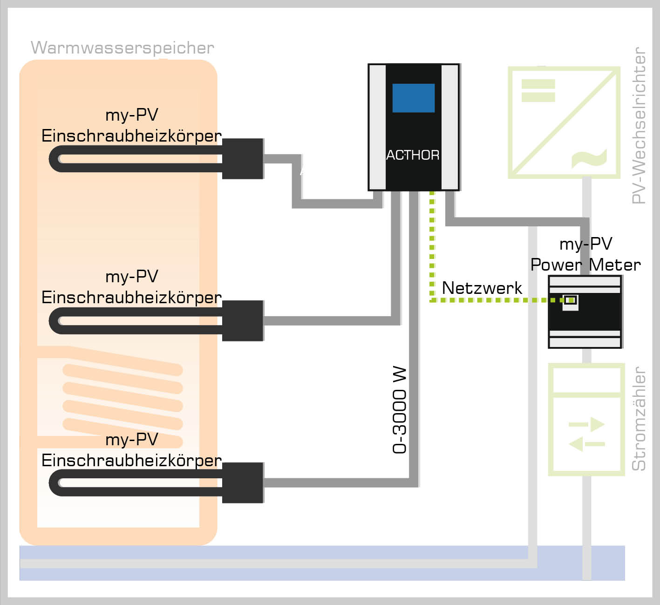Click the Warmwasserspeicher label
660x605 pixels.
tap(122, 48)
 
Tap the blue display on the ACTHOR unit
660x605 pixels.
tap(413, 98)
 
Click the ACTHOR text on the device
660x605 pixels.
tap(413, 155)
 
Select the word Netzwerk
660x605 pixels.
tap(482, 288)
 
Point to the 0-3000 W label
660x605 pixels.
tap(400, 410)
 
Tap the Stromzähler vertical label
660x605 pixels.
tap(639, 419)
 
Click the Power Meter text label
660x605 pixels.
tap(585, 265)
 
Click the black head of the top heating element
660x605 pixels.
tap(243, 158)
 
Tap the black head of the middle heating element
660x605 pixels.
tap(243, 320)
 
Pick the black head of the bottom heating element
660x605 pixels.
tap(243, 483)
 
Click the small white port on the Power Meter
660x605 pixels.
tap(571, 300)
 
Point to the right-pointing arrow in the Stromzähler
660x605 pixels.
tap(587, 424)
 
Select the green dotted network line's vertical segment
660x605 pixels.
tap(432, 242)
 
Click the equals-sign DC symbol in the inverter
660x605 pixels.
tap(538, 90)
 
